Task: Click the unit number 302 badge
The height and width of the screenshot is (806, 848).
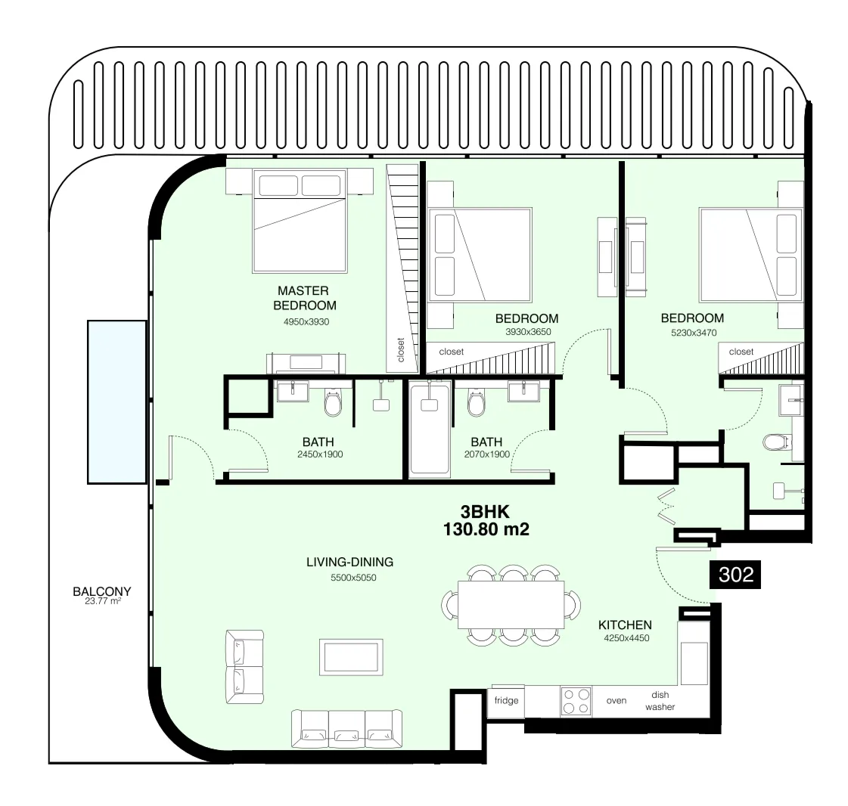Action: click(x=735, y=575)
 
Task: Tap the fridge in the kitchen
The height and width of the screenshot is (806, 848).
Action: click(x=506, y=700)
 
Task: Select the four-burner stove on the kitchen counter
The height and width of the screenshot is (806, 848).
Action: click(x=576, y=701)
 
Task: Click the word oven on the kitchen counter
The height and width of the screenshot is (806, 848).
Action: click(x=617, y=701)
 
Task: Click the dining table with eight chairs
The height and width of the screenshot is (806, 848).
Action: click(x=511, y=605)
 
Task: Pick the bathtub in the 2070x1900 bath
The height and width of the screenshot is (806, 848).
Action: click(x=429, y=429)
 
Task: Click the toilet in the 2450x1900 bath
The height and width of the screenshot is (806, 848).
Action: click(x=333, y=405)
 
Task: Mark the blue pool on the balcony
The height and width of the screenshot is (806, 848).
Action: click(x=116, y=401)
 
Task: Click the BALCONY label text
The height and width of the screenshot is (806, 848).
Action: click(x=102, y=592)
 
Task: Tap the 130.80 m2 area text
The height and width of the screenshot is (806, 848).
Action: click(x=486, y=529)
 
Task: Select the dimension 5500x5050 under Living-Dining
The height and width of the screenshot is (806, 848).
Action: click(x=353, y=578)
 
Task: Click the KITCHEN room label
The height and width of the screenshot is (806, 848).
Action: click(x=625, y=625)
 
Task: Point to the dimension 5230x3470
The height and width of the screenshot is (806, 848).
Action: click(x=691, y=332)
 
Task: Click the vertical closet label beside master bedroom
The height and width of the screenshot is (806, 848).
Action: click(x=401, y=349)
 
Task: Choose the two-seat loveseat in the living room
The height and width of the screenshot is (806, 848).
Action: click(x=244, y=667)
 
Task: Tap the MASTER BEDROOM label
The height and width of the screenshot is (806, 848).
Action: click(x=303, y=298)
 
